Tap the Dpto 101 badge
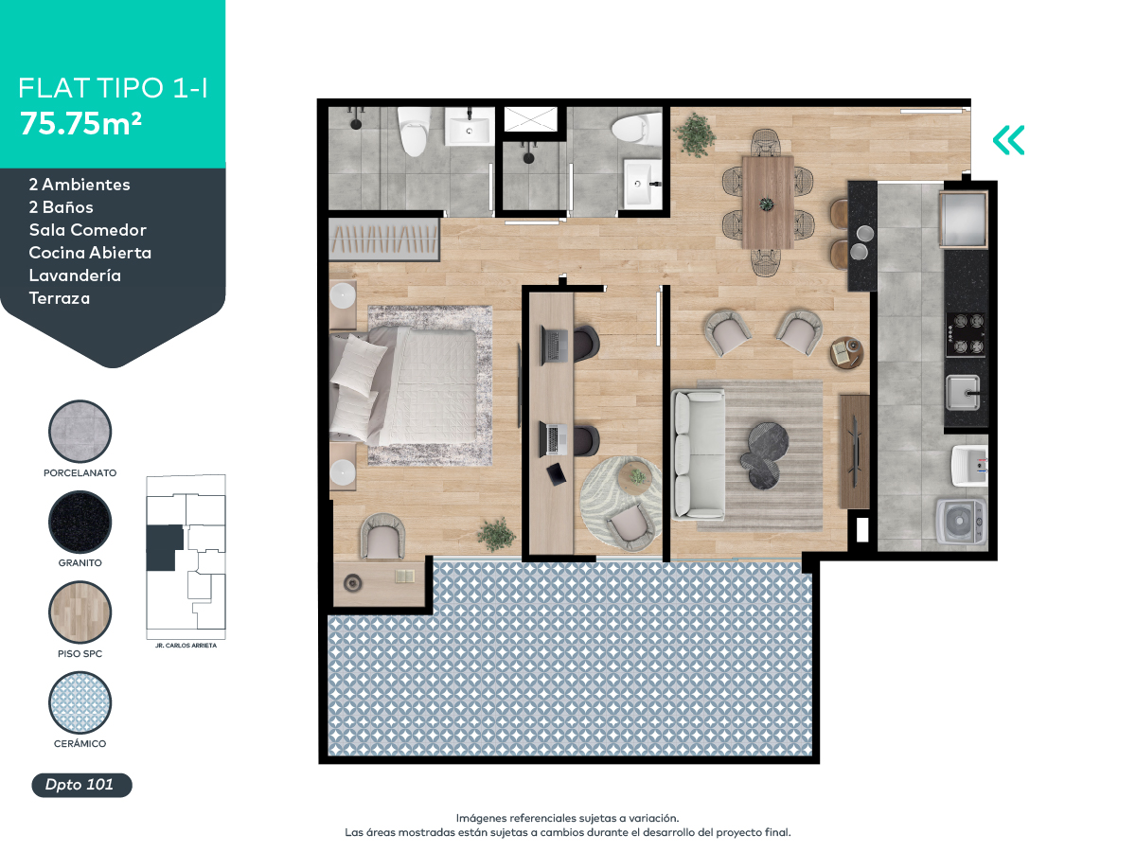tap(80, 785)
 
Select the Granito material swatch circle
tap(80, 523)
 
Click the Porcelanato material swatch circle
tap(80, 432)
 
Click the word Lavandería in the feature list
tap(75, 275)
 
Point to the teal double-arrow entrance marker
tap(1008, 140)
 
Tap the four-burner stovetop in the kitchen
tap(966, 334)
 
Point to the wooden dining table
tap(767, 202)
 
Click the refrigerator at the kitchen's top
tap(963, 218)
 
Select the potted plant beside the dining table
tap(696, 134)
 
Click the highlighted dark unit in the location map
tap(164, 547)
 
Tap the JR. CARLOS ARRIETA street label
tap(186, 645)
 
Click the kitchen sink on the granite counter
tap(964, 388)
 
